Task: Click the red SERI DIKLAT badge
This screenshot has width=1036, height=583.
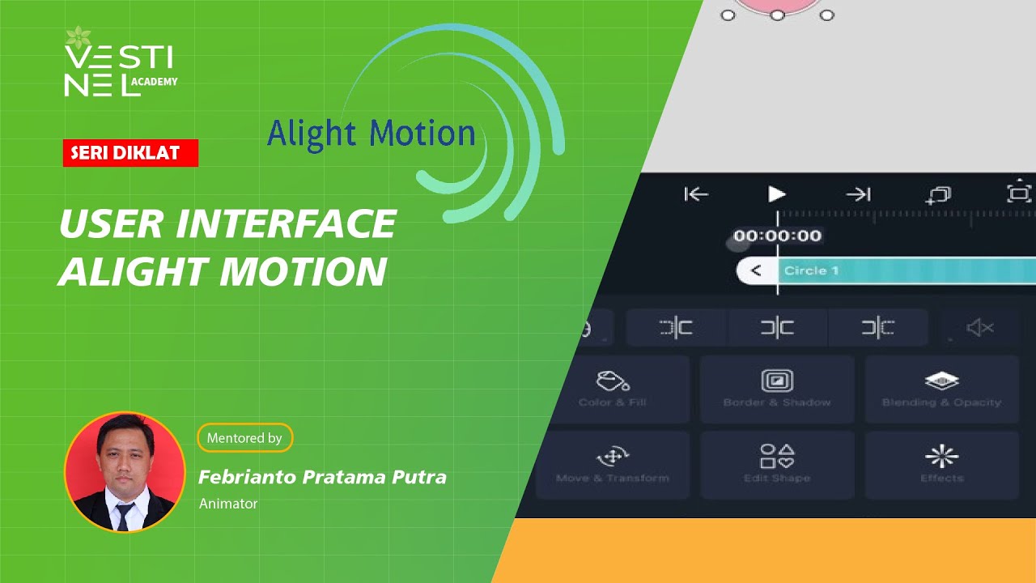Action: pos(130,153)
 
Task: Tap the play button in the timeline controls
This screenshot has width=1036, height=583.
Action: pos(776,194)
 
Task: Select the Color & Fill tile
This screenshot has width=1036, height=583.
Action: pos(613,389)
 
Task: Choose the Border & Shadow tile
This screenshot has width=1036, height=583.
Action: pos(777,389)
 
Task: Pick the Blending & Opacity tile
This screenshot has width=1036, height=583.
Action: pos(941,389)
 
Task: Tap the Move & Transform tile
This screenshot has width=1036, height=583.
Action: pos(613,465)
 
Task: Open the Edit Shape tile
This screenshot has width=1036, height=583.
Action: pos(777,465)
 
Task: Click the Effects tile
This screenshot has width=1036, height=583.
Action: pos(941,465)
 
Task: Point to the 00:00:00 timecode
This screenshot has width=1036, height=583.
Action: pos(777,236)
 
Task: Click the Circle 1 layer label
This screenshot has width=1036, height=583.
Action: pos(811,270)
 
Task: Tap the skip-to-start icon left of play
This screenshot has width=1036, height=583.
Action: pos(696,194)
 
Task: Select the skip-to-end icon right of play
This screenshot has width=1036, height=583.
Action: pos(858,194)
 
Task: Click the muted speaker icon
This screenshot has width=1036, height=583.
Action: pos(980,328)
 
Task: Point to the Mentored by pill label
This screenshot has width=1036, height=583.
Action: pos(244,438)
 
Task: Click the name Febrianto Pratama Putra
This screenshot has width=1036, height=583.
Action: pos(322,477)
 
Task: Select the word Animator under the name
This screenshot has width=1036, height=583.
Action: pos(228,504)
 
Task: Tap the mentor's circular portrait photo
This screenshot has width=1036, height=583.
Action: pos(125,472)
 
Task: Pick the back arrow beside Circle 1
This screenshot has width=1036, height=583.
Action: pos(756,270)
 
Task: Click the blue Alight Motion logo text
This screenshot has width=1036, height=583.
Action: pos(371,134)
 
